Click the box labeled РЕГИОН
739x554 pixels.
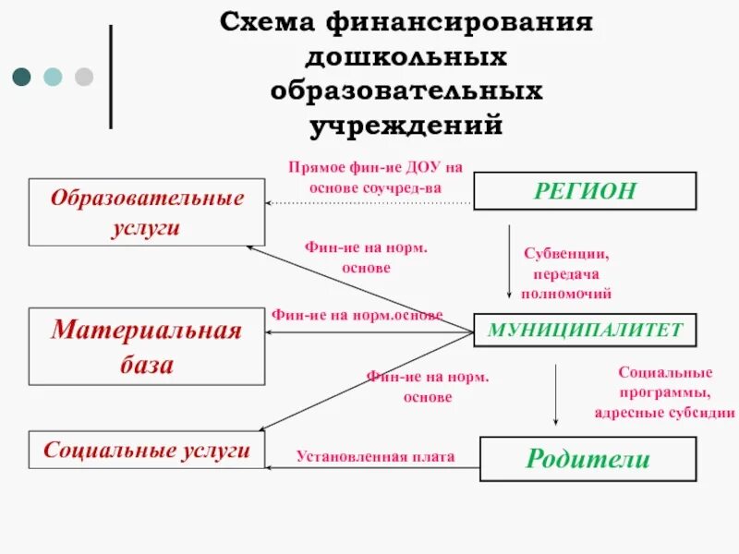click(585, 191)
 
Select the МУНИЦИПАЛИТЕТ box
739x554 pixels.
click(585, 330)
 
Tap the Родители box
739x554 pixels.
click(588, 459)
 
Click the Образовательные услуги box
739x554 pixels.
click(147, 212)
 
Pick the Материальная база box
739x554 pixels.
click(147, 346)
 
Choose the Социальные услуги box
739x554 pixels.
click(147, 451)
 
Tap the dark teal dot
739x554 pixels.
click(21, 77)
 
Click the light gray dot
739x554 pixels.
click(84, 77)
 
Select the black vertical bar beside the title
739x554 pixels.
click(112, 77)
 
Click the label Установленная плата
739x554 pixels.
click(375, 456)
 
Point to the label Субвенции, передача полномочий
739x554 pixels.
click(566, 272)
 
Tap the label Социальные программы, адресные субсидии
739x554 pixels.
click(664, 392)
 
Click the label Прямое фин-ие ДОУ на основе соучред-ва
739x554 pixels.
click(375, 177)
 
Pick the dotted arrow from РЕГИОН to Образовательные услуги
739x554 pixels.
click(369, 201)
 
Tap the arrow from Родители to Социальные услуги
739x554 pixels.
click(369, 468)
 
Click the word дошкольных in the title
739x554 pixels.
click(406, 57)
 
